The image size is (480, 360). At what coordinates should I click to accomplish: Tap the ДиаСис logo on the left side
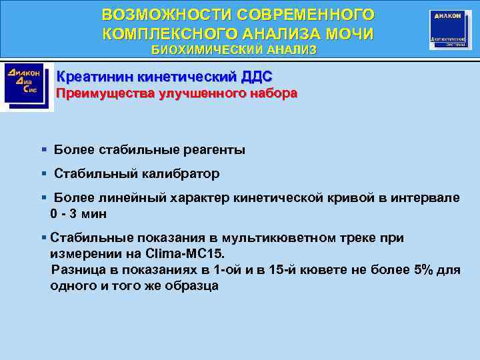tap(24, 84)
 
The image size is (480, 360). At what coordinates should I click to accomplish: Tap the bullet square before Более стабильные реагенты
tap(43, 149)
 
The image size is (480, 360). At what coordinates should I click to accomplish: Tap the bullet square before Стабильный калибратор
tap(43, 173)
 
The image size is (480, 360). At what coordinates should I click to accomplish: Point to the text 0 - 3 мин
tap(79, 214)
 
